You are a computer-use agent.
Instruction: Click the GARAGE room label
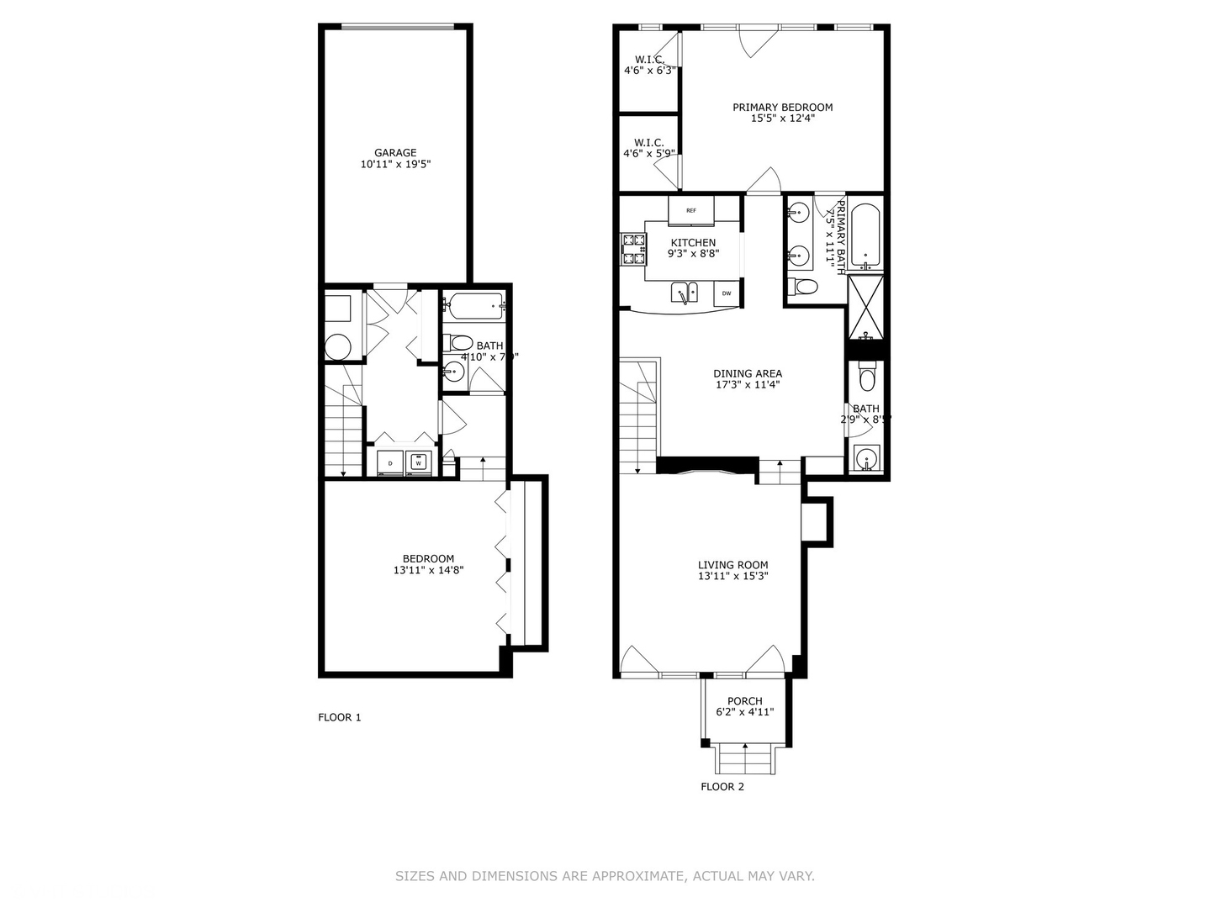(x=395, y=153)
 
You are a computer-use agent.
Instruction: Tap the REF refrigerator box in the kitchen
(x=691, y=210)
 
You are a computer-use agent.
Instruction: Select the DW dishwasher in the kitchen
(x=727, y=293)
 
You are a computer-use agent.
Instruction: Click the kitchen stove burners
(x=633, y=250)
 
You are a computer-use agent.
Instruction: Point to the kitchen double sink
(x=685, y=293)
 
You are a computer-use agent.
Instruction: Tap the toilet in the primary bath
(x=805, y=287)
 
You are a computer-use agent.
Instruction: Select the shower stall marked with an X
(x=865, y=304)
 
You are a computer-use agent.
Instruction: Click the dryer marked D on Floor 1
(x=390, y=462)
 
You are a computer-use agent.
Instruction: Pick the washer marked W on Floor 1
(x=418, y=462)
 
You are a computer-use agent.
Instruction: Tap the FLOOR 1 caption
(x=339, y=717)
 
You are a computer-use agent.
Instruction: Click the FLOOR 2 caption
(x=722, y=787)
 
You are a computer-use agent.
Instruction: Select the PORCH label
(x=745, y=701)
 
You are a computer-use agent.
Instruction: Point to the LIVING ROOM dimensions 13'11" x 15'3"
(x=733, y=577)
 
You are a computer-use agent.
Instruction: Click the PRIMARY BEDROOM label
(x=782, y=107)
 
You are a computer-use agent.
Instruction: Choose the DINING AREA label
(x=748, y=373)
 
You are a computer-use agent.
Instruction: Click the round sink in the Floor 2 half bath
(x=865, y=459)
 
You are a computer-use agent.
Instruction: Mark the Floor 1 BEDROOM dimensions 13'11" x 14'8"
(x=428, y=570)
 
